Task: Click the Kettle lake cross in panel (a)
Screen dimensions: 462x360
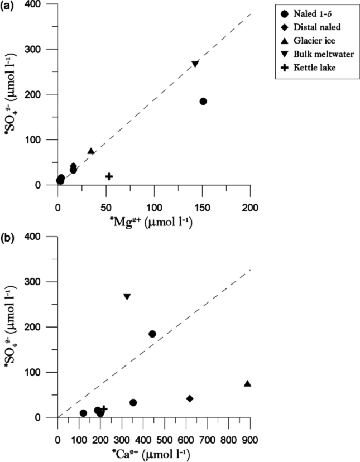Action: click(109, 176)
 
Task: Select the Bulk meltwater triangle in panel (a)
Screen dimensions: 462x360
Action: click(195, 64)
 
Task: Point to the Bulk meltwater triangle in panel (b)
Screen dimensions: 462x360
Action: click(127, 297)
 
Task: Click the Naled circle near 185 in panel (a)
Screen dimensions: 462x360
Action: click(203, 102)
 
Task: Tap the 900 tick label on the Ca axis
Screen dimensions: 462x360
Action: click(249, 440)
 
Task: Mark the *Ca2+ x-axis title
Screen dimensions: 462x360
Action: click(152, 453)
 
